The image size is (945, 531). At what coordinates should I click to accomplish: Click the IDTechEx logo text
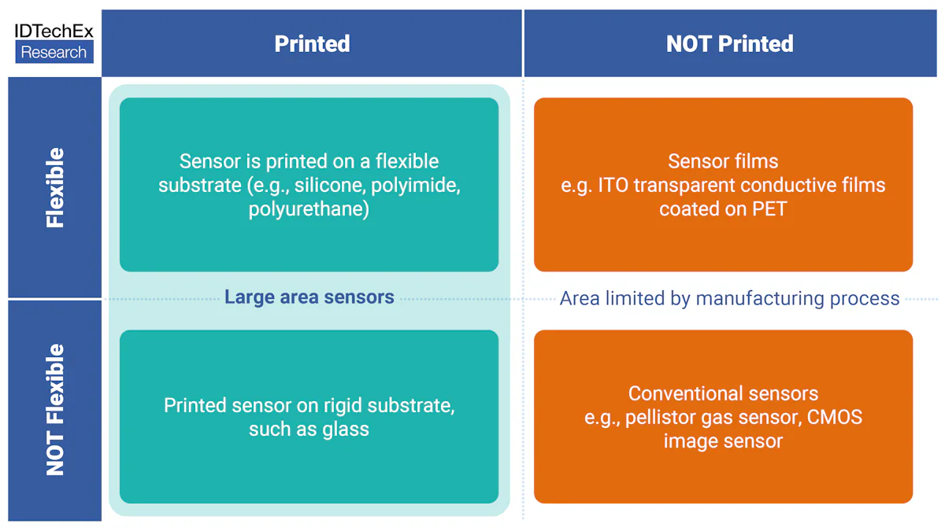54,31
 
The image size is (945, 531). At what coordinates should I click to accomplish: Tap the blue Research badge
54,53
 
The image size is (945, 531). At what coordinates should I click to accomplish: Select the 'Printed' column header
312,44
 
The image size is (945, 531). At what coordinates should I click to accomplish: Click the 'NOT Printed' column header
729,44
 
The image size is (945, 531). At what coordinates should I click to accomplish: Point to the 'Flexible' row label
55,188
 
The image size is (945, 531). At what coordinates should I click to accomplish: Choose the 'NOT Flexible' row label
55,410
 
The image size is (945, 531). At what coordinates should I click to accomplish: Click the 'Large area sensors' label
309,297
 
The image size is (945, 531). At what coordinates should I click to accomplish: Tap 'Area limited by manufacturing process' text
729,299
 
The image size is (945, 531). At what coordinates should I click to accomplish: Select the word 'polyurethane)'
309,209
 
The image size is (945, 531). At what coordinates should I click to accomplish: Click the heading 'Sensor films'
723,161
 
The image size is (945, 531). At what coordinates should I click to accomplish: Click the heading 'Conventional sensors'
723,393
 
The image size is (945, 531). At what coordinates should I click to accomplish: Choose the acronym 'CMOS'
834,417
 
